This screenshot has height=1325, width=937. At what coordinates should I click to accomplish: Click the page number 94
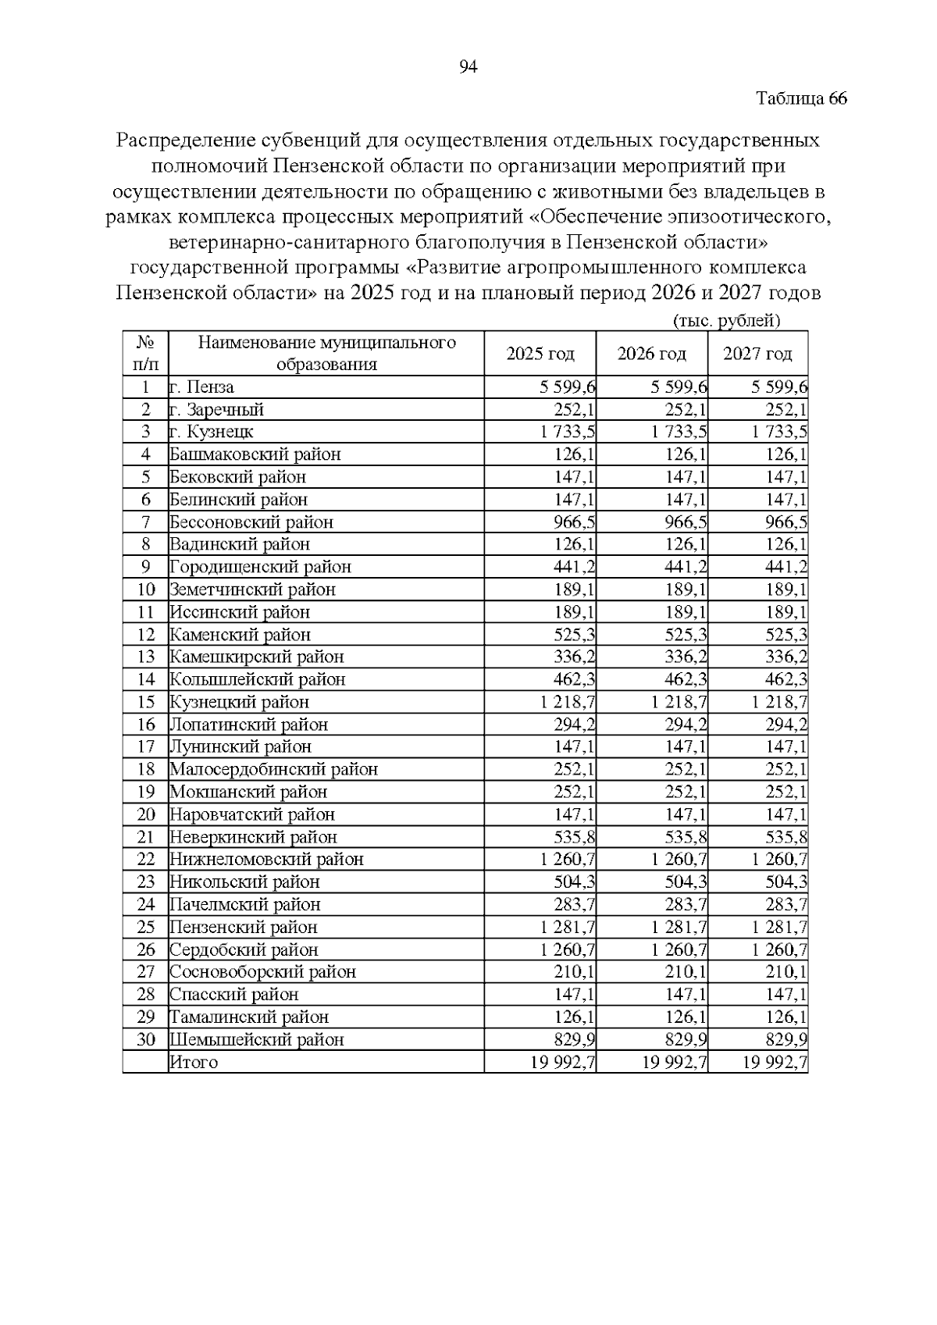point(468,67)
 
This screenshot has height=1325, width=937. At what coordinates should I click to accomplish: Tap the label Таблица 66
point(802,99)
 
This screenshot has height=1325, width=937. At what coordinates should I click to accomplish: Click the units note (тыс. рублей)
point(726,321)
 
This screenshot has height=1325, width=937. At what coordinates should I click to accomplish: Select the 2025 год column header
point(540,354)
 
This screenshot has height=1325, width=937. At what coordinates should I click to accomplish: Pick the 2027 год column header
point(757,354)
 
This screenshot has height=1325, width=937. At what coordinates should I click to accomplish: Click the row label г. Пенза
point(202,387)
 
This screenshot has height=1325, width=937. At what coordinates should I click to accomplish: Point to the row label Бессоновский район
point(251,522)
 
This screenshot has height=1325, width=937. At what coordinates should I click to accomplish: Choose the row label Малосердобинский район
point(274,770)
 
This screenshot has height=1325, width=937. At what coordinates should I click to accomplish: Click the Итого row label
point(194,1062)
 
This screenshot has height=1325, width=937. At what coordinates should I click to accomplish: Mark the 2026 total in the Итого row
point(675,1062)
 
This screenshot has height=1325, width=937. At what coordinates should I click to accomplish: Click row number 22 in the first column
point(146,860)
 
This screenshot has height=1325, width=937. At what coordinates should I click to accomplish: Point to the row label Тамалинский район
point(249,1017)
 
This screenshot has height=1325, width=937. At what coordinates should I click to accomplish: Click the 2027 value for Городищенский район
point(786,567)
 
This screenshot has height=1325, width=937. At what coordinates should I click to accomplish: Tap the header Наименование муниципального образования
point(326,353)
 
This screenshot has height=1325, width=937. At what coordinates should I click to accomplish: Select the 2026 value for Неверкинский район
point(686,837)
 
